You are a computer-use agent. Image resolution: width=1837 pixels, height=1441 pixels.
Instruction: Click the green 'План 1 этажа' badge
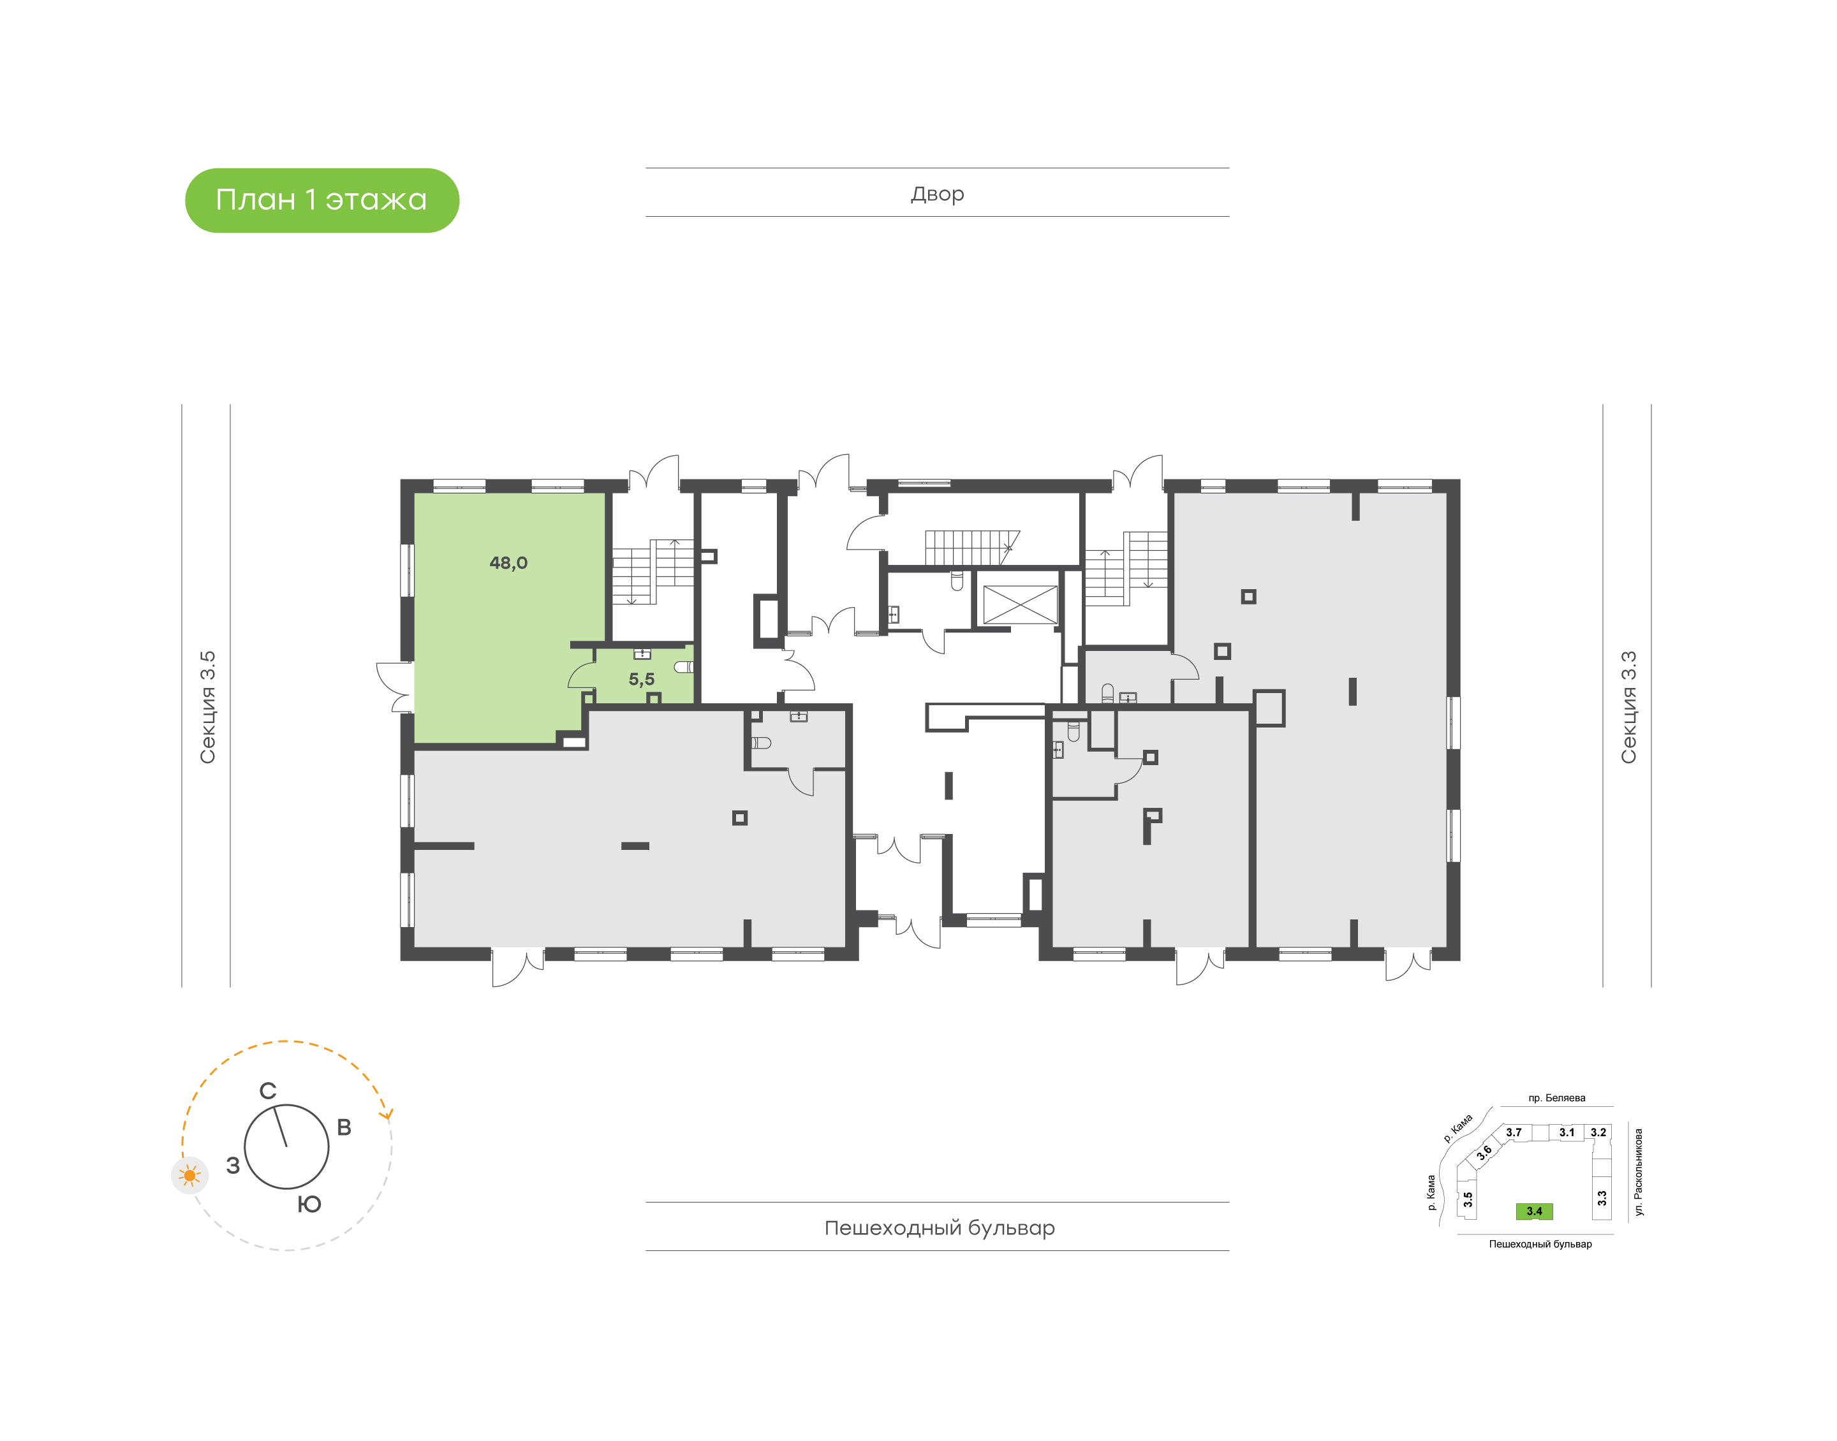(x=321, y=200)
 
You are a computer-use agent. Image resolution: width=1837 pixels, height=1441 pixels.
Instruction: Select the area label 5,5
(x=641, y=679)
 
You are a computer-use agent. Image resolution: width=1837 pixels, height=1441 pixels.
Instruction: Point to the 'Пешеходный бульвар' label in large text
(x=939, y=1227)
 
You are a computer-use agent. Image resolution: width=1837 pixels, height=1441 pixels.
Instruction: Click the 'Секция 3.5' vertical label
(x=207, y=707)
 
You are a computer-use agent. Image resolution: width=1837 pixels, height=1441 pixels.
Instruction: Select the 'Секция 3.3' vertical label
(x=1628, y=707)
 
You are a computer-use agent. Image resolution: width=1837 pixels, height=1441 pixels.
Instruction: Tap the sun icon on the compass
(x=190, y=1175)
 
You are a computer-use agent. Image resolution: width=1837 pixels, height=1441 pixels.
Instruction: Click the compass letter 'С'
(x=267, y=1091)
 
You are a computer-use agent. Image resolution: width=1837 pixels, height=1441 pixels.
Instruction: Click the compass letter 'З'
(x=233, y=1165)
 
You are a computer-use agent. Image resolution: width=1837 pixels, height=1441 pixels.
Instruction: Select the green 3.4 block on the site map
(x=1534, y=1211)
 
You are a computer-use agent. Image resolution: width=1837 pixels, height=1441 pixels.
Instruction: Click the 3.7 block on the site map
(x=1515, y=1133)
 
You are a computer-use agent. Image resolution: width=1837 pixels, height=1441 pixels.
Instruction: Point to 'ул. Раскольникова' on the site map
(x=1639, y=1172)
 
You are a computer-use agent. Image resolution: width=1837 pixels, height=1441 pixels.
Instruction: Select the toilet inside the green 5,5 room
(x=684, y=666)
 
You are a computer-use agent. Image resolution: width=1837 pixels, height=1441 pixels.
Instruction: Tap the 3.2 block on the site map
(x=1598, y=1133)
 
